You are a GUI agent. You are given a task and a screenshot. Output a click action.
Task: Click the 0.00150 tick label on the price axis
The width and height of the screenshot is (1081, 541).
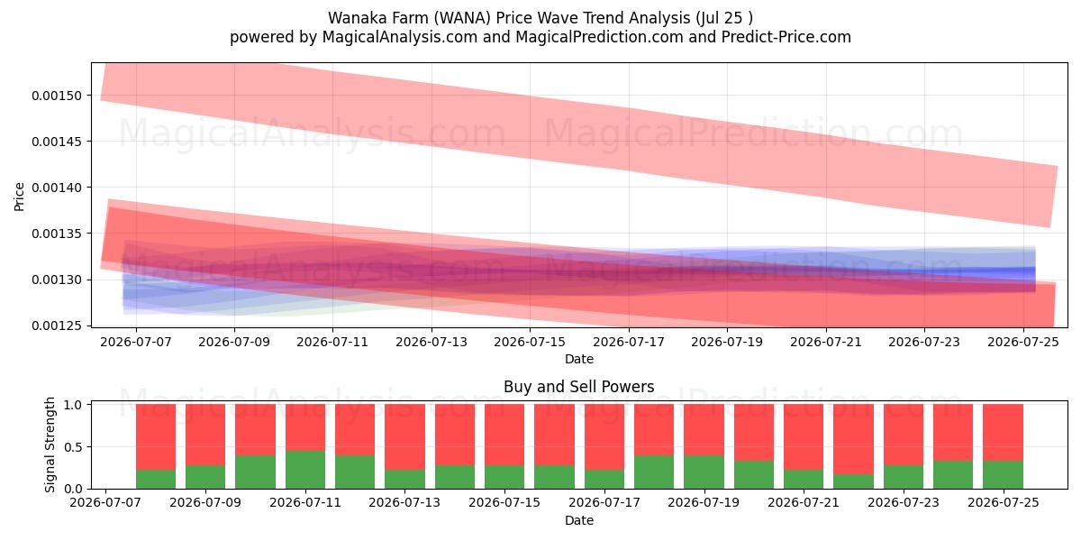tap(57, 96)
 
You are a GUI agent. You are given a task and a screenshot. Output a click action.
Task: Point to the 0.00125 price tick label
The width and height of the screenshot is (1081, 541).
tap(57, 326)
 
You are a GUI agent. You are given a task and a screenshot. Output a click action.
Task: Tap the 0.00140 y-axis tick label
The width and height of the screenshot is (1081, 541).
tap(57, 188)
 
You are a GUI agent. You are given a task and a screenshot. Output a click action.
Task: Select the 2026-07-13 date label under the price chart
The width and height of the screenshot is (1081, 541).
tap(431, 342)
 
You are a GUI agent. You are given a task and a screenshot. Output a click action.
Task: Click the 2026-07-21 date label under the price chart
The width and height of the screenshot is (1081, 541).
tap(826, 342)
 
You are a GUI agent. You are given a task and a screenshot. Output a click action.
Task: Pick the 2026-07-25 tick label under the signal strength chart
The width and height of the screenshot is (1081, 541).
tap(1004, 502)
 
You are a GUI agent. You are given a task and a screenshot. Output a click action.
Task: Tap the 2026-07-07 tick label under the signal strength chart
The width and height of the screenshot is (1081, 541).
tap(105, 502)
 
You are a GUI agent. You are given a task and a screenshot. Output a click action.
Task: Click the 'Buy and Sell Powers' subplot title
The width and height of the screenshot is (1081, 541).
tap(578, 387)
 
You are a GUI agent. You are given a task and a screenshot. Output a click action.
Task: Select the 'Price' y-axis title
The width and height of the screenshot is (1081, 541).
tap(19, 197)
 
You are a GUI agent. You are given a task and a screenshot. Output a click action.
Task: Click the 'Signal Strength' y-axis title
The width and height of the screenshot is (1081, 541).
tap(50, 445)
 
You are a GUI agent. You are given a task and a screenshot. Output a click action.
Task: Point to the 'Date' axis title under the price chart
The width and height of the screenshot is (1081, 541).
tap(579, 359)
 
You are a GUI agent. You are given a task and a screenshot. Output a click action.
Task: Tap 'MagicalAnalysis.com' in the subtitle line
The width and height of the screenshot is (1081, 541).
tap(400, 37)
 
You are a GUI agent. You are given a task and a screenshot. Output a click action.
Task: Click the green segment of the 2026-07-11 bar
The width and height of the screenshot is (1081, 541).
tap(305, 470)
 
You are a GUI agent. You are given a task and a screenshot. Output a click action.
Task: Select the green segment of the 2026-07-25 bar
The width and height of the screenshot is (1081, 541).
tap(1003, 475)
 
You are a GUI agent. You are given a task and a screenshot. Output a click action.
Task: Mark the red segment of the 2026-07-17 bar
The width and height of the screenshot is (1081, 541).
tap(604, 436)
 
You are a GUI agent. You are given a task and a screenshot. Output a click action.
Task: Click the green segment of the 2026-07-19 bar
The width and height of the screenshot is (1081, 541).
tap(704, 472)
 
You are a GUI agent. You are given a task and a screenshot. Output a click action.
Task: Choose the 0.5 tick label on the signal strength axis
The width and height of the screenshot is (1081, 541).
tap(72, 447)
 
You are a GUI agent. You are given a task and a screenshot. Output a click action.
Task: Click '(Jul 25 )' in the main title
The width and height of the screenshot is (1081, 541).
tap(724, 18)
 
